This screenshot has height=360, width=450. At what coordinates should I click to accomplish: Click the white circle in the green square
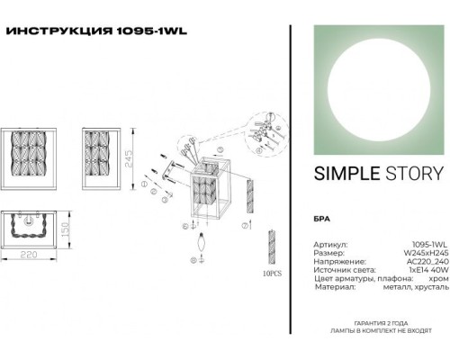pyautogui.click(x=377, y=85)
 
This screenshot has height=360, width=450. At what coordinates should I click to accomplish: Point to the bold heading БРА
pyautogui.click(x=322, y=220)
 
